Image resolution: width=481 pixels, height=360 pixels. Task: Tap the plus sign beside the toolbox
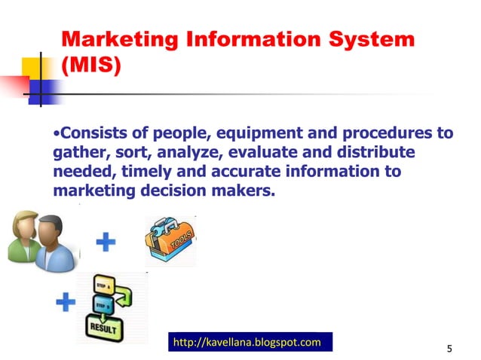(107, 243)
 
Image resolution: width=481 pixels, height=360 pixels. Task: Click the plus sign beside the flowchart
(66, 304)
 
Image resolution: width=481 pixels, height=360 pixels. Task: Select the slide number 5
(449, 348)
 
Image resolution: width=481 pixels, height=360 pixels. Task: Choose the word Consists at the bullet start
(90, 134)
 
